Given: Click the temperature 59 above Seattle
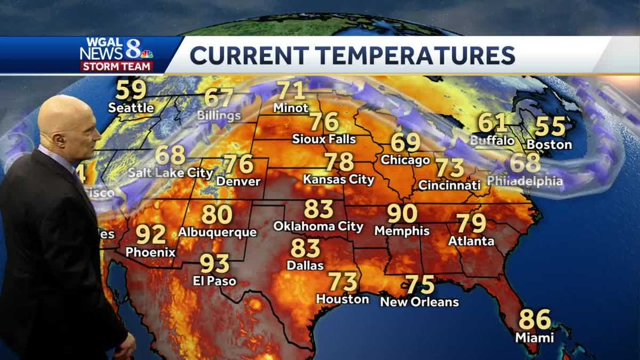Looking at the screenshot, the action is pos(131,90).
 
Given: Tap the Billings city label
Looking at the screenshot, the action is pos(219,115).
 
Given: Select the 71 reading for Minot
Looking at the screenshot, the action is pos(291,91).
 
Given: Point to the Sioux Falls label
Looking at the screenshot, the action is pos(324,139).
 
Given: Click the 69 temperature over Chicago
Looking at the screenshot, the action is pos(405,143).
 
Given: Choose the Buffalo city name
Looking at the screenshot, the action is pos(492,141).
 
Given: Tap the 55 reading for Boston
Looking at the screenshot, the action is pos(550,126).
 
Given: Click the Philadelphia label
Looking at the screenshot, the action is pos(525,181).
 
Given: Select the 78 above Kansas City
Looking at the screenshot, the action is pos(339,162).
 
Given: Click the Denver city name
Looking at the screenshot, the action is pos(238,181).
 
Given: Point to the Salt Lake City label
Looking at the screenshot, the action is pos(171,173).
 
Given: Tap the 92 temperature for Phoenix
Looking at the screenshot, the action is pos(151,234).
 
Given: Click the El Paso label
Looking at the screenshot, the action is pos(214,281).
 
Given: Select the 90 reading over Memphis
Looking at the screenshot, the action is pos(402,213).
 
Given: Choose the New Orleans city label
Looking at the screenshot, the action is pos(419,302).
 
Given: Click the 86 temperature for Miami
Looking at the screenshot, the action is pos(534,319).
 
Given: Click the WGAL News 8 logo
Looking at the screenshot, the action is pos(117,54).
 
